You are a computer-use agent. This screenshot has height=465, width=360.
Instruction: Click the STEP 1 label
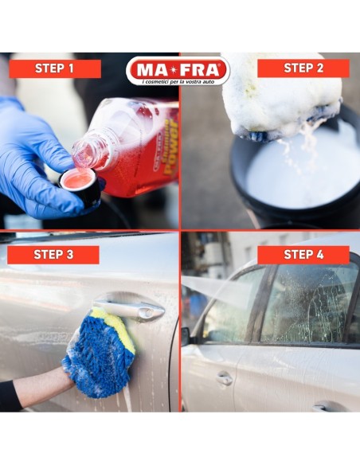(x=55, y=68)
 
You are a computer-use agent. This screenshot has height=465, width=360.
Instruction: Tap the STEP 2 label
(x=303, y=68)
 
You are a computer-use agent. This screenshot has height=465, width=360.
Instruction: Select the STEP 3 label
(x=54, y=255)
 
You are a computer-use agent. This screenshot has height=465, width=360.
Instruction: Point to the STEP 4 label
(x=303, y=255)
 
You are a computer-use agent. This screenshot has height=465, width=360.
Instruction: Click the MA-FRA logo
(x=178, y=67)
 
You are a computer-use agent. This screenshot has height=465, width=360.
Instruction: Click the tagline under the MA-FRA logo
(x=178, y=82)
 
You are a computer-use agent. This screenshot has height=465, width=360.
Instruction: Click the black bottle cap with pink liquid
(x=81, y=185)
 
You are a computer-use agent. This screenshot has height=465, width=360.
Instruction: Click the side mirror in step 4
(x=186, y=336)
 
